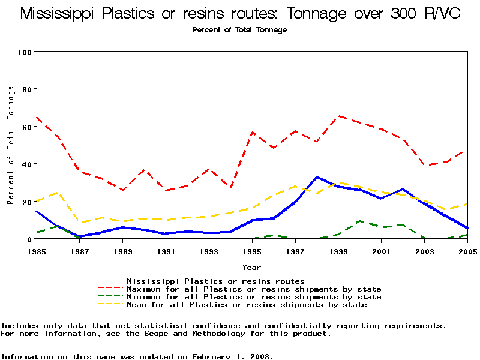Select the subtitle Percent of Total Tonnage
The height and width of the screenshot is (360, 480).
239,30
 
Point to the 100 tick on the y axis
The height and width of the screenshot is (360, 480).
25,52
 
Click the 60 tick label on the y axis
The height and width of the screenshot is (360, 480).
27,127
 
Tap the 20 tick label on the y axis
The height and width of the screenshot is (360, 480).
27,202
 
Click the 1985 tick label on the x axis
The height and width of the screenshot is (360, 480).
37,251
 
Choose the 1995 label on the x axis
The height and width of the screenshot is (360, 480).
252,251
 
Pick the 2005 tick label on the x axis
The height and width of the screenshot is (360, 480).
467,251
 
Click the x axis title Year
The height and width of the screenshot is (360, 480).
251,267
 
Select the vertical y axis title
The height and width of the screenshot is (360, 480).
11,145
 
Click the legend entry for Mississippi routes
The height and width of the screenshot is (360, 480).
215,281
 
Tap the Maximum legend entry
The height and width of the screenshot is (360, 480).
254,289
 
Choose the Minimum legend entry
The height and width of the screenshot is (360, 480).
254,296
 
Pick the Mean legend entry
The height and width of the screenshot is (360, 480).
247,304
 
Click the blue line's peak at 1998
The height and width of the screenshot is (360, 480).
317,177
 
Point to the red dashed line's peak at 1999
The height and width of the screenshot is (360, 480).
338,116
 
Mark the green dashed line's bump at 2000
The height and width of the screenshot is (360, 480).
359,221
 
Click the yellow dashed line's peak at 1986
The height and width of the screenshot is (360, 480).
58,193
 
